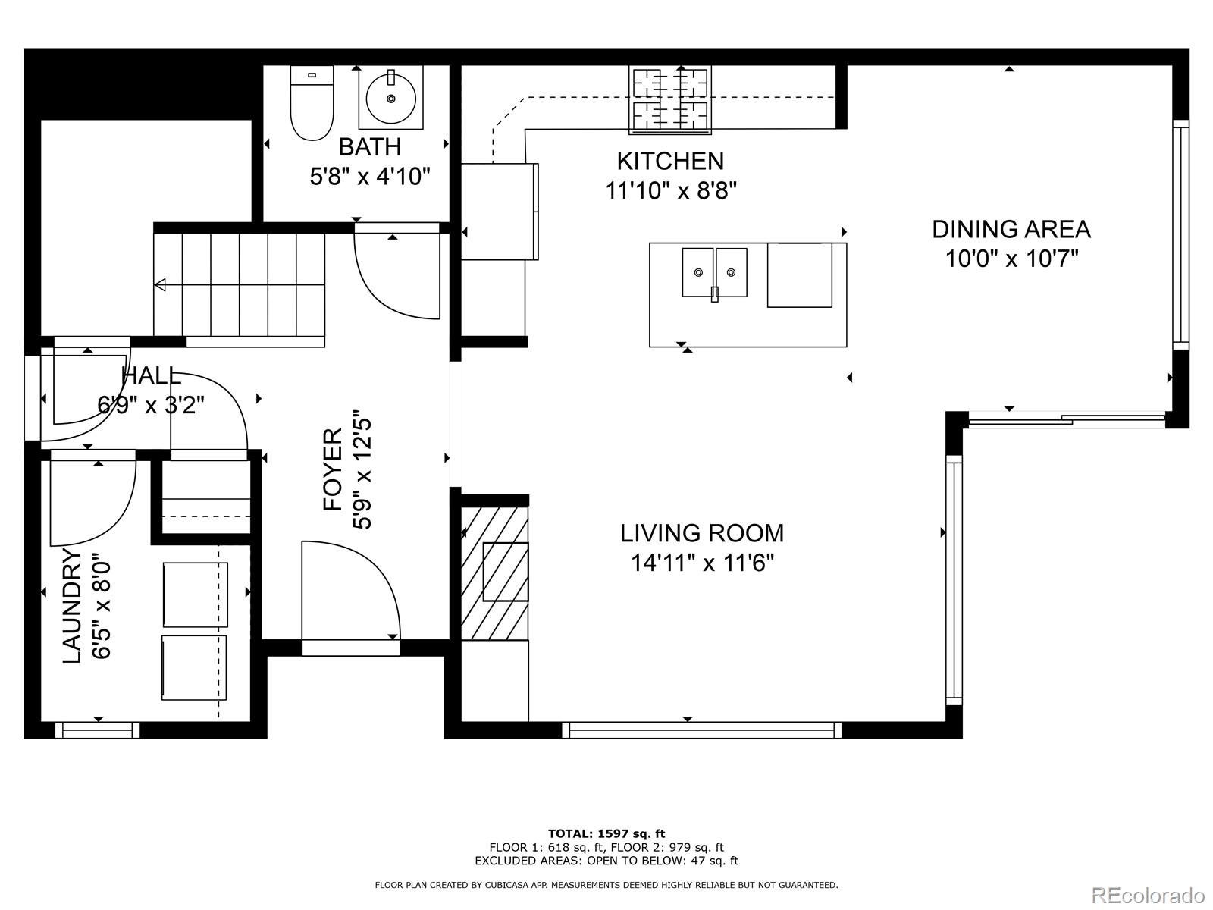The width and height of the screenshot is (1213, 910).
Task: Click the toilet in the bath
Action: coord(312,103)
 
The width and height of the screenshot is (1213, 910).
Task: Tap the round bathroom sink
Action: coord(390,99)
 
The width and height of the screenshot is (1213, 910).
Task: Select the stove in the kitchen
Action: coord(669,100)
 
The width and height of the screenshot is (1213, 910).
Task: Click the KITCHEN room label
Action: coord(670,162)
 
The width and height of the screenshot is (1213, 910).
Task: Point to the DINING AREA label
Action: coord(1011,229)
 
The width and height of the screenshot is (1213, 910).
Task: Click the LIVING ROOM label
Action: coord(702,533)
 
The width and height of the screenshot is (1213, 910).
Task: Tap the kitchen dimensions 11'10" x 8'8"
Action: coord(671,191)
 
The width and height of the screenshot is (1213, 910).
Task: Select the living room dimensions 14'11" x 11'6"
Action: coord(702,563)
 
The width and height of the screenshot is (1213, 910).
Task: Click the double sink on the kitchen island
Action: coord(715,273)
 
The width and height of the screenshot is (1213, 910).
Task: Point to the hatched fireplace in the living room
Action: coord(494,573)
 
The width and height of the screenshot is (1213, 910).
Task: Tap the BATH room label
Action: coord(370,147)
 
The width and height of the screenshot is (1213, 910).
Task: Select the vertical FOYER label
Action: coord(333,469)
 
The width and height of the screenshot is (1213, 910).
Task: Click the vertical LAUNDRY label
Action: coord(72,606)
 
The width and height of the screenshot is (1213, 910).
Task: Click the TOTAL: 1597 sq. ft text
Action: coord(606,833)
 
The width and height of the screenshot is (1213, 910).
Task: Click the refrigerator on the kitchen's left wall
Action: coord(500,211)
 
